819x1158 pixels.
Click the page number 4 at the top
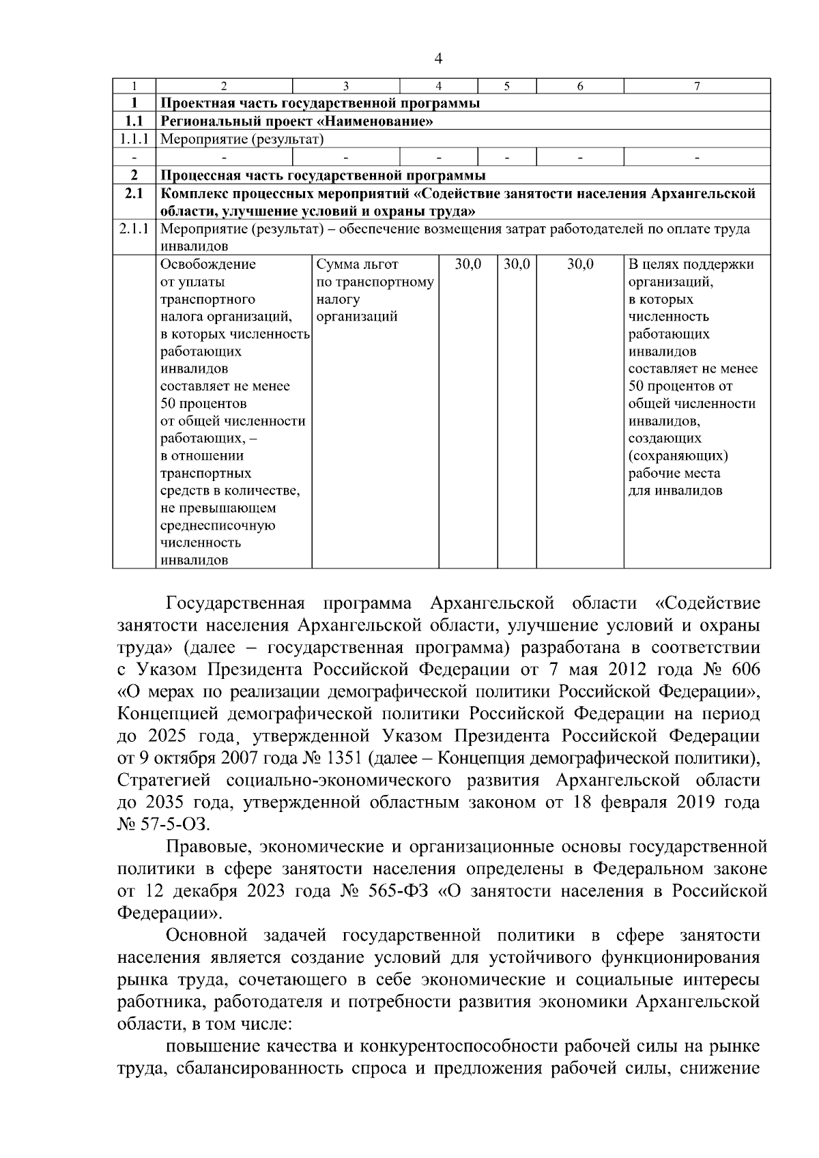pos(438,59)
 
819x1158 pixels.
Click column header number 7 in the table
pos(696,86)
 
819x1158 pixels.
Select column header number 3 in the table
pos(345,86)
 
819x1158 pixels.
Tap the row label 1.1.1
pos(134,140)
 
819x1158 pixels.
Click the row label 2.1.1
pos(134,229)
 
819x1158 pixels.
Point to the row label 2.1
pos(134,194)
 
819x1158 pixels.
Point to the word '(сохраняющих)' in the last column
pos(678,456)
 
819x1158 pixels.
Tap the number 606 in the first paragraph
pos(743,669)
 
